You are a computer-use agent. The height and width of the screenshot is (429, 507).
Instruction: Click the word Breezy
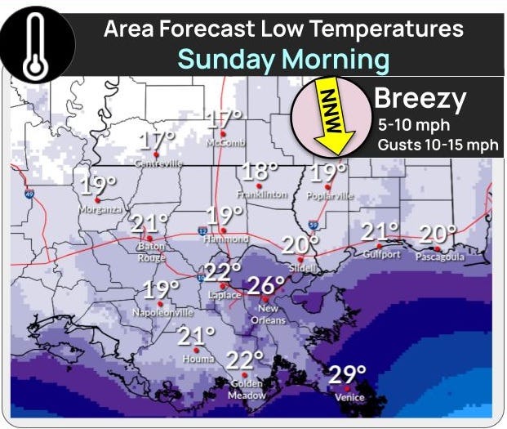pos(420,101)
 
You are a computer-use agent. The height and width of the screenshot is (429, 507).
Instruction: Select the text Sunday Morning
pos(283,59)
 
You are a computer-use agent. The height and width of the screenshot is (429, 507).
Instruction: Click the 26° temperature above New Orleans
pos(265,285)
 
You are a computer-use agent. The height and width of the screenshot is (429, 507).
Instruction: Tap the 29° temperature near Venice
pos(347,375)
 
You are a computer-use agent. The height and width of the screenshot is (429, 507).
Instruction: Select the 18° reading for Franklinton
pos(260,172)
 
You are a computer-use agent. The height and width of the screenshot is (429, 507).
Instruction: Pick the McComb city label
pos(226,142)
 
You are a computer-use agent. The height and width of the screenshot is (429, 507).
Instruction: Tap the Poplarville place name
pos(331,196)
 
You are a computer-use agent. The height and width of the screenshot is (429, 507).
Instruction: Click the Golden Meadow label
pos(247,390)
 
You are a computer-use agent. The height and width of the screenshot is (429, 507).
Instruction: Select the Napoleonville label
pos(163,312)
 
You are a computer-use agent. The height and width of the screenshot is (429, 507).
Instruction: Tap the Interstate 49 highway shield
pos(29,194)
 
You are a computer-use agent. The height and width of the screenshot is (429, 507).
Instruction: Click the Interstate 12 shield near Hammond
pos(202,232)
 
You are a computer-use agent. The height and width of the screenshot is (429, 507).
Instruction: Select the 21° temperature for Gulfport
pos(380,232)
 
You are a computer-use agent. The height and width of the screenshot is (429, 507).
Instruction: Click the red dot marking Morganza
pos(97,199)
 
